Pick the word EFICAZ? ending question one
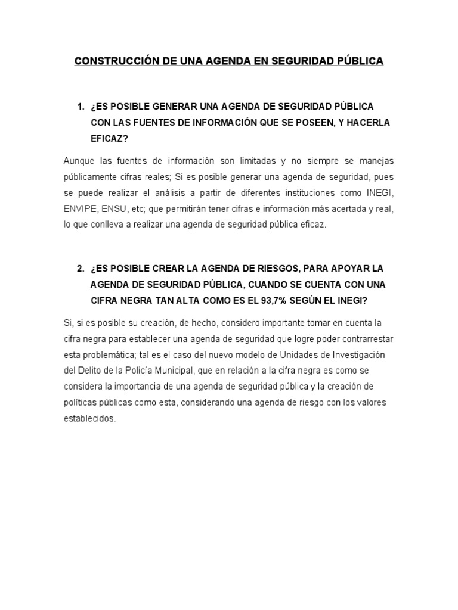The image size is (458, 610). point(109,138)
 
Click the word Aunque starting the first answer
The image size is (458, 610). point(77,161)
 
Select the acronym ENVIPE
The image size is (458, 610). point(80,208)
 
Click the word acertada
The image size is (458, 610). point(345,208)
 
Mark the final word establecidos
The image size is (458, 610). point(89,419)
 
